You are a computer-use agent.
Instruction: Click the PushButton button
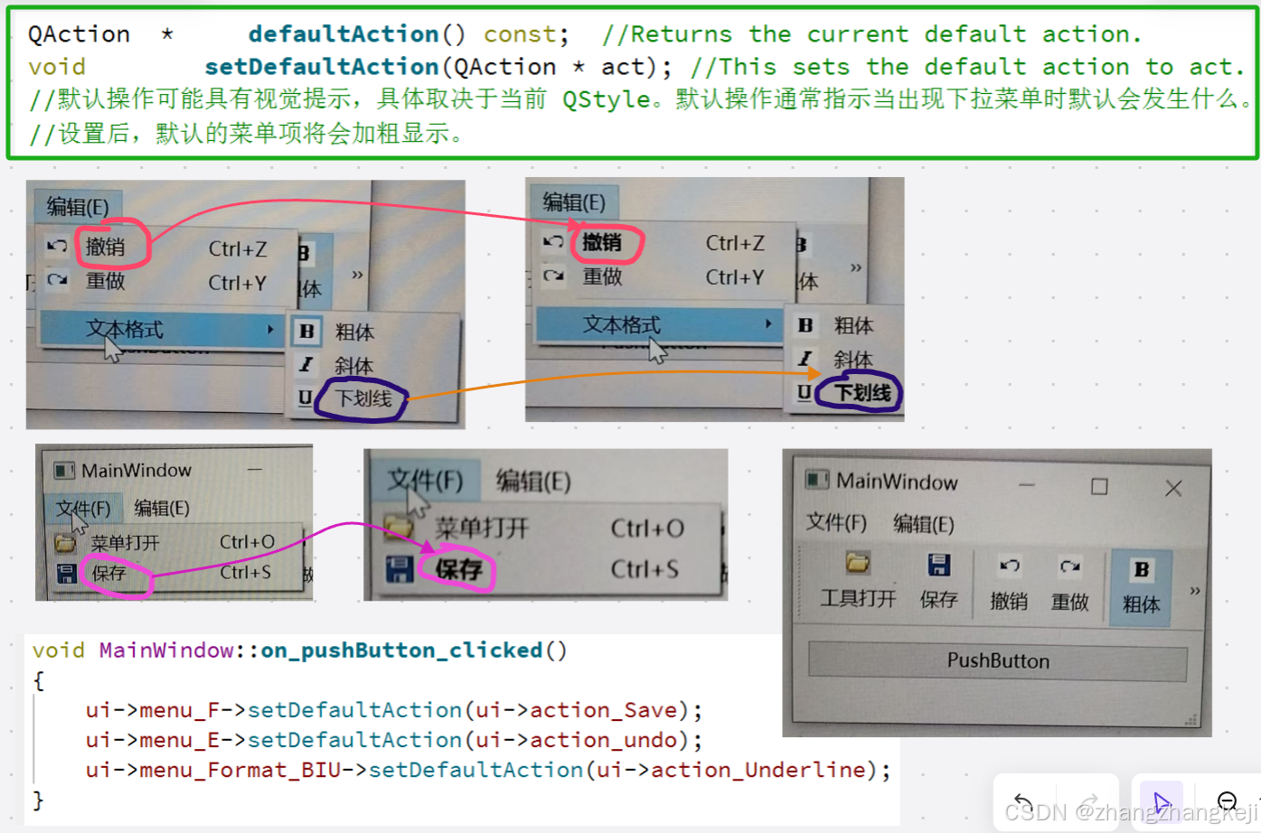point(997,660)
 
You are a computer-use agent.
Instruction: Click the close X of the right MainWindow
point(1173,489)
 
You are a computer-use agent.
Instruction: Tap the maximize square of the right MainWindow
point(1099,487)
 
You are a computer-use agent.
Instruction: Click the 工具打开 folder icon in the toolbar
point(858,565)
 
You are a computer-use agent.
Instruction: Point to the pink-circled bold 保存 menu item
point(458,569)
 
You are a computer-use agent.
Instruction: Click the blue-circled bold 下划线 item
point(861,393)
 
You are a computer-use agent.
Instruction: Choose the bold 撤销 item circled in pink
point(602,242)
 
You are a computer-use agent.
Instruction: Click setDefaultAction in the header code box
point(321,67)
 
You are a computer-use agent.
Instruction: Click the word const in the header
point(520,34)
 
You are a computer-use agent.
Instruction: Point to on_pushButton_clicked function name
point(401,650)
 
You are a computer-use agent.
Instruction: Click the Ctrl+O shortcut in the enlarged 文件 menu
point(647,529)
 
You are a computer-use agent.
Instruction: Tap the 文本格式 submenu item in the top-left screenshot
point(125,329)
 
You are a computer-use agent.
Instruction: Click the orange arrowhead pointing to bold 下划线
point(814,373)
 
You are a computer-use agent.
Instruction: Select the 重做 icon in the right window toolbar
point(1070,566)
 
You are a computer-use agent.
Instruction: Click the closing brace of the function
point(38,800)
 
